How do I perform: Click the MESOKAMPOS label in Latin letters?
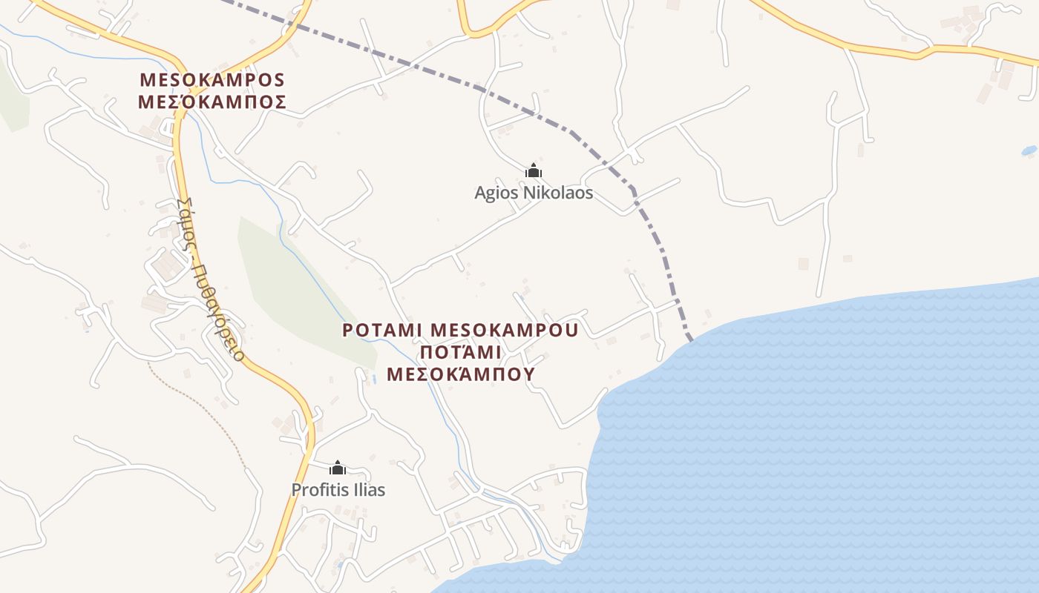212,79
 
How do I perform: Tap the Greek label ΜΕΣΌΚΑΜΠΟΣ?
212,102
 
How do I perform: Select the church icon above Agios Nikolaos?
533,171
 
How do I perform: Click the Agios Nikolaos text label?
534,193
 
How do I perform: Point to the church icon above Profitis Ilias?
338,468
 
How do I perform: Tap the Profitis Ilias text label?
338,490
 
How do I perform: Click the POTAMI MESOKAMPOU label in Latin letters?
460,329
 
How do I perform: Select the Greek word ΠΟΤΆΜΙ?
460,351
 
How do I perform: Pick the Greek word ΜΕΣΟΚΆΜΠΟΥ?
460,373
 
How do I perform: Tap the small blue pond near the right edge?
1029,150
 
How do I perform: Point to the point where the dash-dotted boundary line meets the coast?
690,339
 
